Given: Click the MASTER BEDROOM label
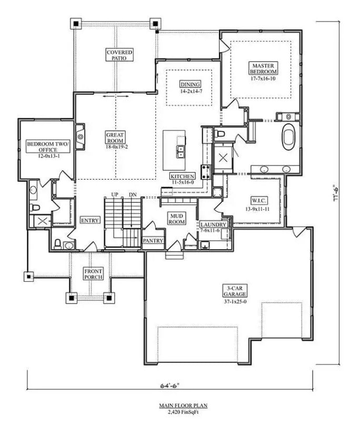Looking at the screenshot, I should [x=263, y=68].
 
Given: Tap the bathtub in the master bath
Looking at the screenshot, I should [x=289, y=138].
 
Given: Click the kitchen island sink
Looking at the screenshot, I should [x=181, y=152].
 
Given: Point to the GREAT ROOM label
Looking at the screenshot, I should [x=115, y=138].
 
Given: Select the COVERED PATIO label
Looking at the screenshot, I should [x=119, y=55].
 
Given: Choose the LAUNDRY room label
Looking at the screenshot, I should [x=214, y=224].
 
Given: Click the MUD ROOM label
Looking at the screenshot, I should [x=176, y=218].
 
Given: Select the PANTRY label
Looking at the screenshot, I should [x=153, y=241].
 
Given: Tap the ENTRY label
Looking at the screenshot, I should [x=90, y=220].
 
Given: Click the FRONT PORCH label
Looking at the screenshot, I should [x=93, y=274].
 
